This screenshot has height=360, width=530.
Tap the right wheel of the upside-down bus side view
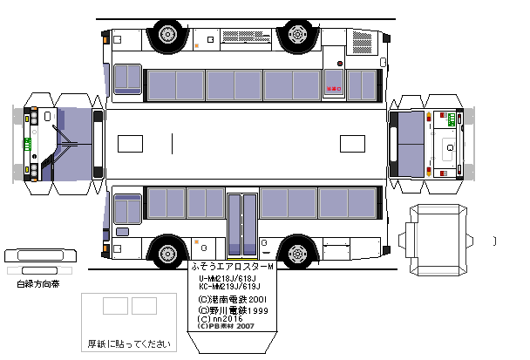(297, 35)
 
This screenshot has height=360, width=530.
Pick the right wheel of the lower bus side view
(297, 254)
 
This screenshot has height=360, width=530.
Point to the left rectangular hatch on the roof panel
(130, 143)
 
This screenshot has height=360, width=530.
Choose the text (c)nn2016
(217, 319)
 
